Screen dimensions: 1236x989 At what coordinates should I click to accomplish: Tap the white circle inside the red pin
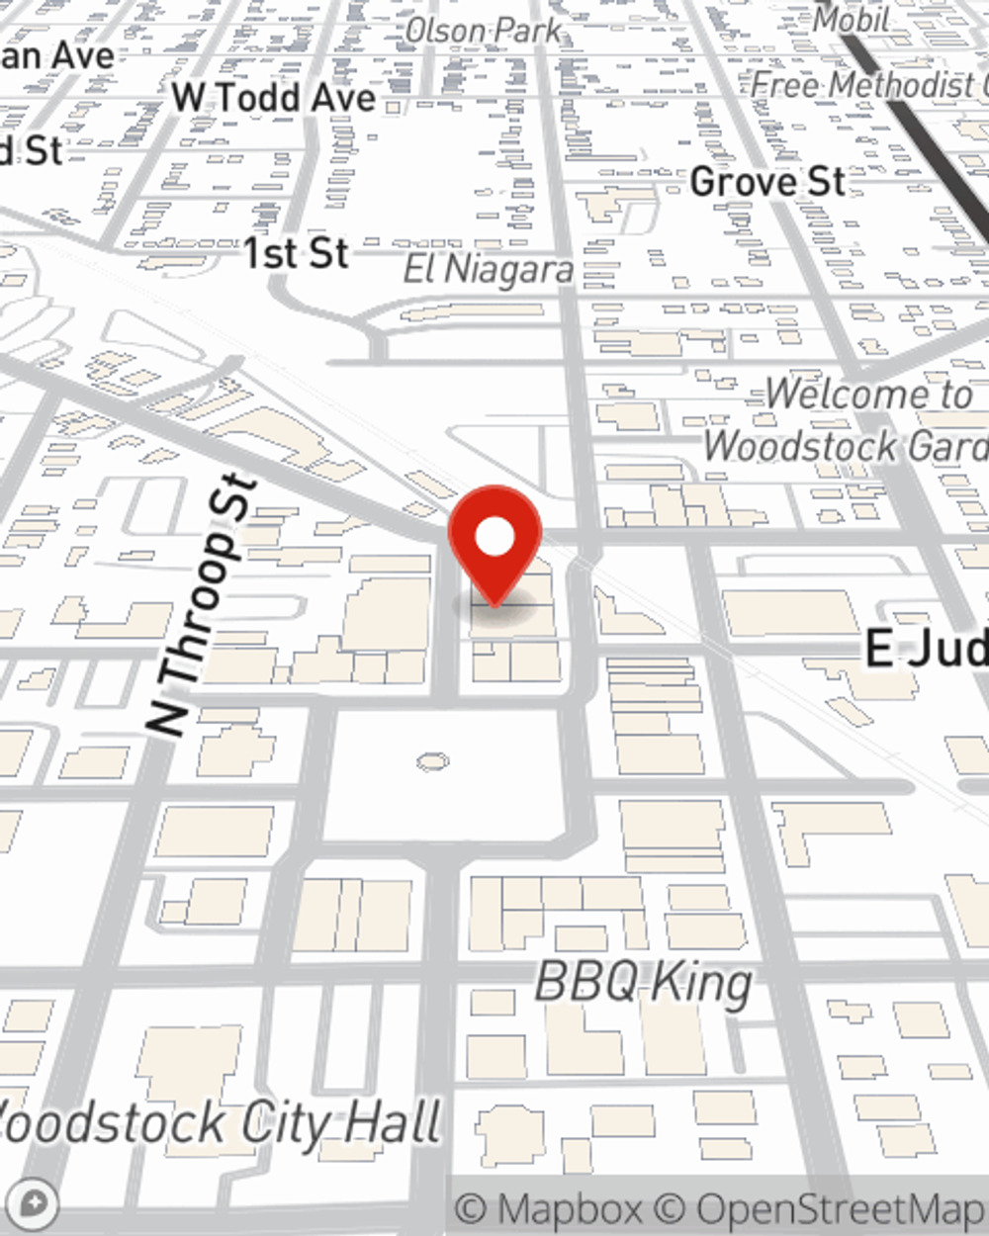494,538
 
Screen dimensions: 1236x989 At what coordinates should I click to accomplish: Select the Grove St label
767,182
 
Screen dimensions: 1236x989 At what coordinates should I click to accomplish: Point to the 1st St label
296,254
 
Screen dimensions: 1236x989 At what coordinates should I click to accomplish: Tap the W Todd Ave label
274,98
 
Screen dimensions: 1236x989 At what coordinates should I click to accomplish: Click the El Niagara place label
489,270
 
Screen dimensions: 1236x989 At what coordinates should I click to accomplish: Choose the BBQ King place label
643,983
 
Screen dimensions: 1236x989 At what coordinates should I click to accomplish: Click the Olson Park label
483,32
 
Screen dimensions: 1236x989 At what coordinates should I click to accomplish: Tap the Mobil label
851,19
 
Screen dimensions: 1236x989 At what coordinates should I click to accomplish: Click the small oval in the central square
432,761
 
